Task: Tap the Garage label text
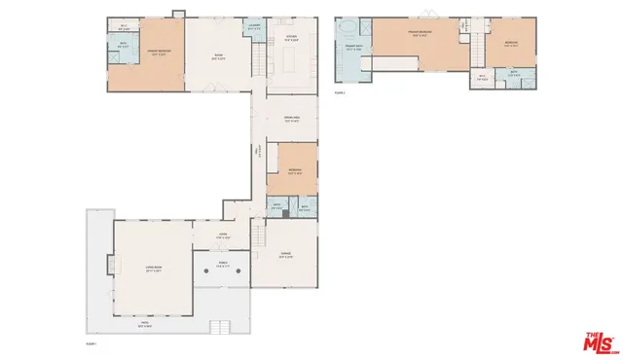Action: [x=287, y=255]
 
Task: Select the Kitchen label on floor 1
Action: [x=291, y=38]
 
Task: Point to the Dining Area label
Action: [x=291, y=120]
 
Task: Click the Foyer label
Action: [x=221, y=236]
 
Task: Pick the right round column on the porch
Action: [x=238, y=270]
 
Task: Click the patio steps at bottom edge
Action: [x=222, y=326]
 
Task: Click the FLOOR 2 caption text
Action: [x=341, y=93]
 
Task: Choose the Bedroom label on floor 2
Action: [x=511, y=43]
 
